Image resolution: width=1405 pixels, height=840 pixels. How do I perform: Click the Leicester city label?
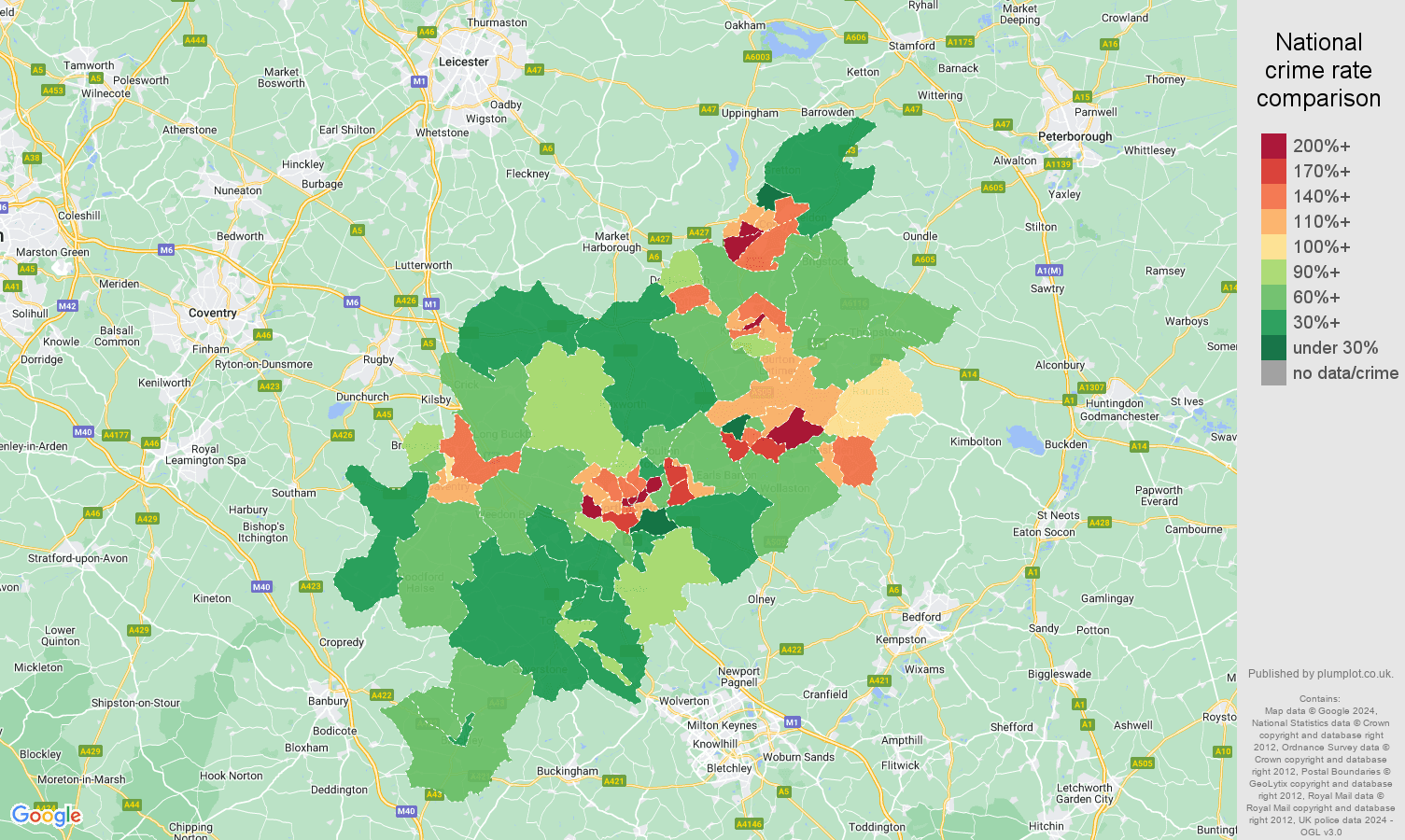463,62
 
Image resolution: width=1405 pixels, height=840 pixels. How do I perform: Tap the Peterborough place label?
1075,136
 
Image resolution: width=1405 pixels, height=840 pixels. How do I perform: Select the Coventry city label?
212,313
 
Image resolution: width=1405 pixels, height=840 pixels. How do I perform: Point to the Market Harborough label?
611,242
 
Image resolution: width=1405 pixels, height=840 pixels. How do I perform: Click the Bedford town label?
920,617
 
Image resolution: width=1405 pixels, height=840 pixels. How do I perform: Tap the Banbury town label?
328,701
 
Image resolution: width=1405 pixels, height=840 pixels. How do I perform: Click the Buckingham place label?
567,771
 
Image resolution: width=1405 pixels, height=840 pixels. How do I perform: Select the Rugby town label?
378,359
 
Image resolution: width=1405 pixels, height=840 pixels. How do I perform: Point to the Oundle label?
920,236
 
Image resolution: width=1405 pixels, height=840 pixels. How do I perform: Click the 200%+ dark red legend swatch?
1273,146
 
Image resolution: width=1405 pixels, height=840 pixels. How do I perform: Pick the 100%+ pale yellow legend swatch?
1273,246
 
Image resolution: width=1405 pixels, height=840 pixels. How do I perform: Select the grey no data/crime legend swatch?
1273,373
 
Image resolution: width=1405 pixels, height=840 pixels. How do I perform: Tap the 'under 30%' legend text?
1335,347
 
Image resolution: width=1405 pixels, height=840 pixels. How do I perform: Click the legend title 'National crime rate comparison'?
1318,70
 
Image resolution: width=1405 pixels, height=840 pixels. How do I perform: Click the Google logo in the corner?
46,816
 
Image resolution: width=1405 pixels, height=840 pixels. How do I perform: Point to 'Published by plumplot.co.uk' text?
1320,674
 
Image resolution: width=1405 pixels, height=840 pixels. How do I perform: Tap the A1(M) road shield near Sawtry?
1048,271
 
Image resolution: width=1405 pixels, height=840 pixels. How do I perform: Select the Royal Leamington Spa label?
205,455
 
